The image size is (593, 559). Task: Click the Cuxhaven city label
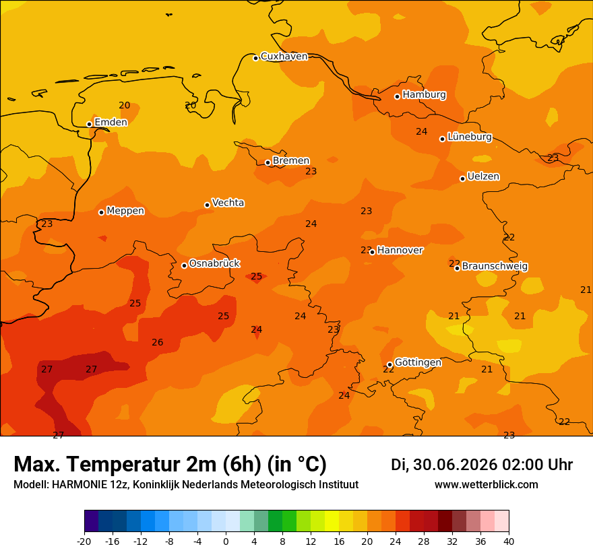point(284,57)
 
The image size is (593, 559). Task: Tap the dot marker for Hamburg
point(397,96)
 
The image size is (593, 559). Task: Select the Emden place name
point(111,122)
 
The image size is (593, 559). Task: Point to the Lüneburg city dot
point(442,139)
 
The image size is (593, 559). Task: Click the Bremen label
point(291,161)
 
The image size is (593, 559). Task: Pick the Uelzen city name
point(483,176)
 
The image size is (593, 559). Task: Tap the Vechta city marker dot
point(208,205)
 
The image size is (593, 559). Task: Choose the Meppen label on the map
point(125,211)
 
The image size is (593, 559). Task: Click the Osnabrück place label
point(214,263)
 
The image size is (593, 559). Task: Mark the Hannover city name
point(400,251)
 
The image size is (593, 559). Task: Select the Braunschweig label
point(495,267)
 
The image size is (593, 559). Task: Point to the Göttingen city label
point(418,362)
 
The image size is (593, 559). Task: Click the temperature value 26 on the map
point(157,342)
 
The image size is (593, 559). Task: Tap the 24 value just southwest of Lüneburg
point(422,131)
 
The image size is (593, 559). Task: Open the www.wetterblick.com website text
point(487,484)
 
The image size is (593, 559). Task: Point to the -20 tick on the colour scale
point(84,541)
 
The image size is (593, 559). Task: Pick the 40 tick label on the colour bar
point(509,541)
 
